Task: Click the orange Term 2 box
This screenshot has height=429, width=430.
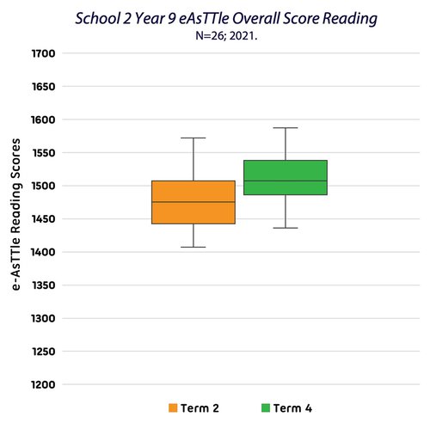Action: pos(193,202)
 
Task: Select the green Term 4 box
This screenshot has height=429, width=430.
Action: pos(286,178)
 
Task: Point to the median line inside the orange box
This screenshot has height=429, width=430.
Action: pos(193,202)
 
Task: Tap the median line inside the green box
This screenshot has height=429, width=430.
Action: pos(286,181)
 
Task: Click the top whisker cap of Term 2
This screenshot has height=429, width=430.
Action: pos(193,138)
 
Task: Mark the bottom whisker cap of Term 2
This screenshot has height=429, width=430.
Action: pos(193,247)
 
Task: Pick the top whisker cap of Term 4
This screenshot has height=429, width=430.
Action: pos(286,128)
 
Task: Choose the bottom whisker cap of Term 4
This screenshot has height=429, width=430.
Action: pos(286,228)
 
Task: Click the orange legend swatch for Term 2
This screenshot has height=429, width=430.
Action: pos(173,408)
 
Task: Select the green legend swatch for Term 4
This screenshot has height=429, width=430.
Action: pos(266,408)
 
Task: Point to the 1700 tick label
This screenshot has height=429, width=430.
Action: pos(43,53)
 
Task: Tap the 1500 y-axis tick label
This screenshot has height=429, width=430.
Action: pos(43,186)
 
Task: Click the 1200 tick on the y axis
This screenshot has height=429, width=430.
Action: pos(43,384)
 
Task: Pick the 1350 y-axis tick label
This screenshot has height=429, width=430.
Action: pos(43,285)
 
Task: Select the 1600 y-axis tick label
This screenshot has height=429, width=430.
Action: pos(43,120)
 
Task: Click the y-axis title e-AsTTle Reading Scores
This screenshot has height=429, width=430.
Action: pos(15,214)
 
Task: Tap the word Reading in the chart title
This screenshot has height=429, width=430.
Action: pos(350,19)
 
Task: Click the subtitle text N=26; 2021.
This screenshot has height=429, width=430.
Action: pos(226,36)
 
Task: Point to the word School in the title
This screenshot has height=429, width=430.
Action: pos(98,19)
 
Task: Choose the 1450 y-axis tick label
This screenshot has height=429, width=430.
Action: pos(43,219)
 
